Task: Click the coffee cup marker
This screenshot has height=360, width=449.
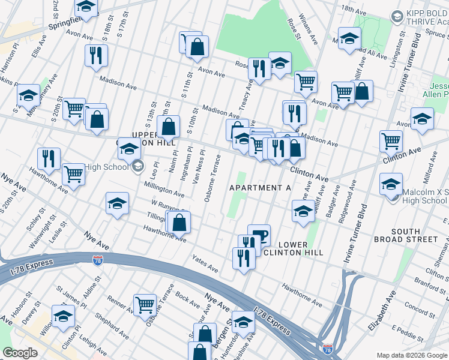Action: (259, 235)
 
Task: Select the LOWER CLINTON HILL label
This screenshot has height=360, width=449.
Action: (293, 248)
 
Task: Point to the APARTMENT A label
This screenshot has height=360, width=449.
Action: (261, 188)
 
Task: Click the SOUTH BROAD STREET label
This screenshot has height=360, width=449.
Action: (414, 235)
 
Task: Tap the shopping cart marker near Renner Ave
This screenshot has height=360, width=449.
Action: (145, 305)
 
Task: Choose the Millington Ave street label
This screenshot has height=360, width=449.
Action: (163, 191)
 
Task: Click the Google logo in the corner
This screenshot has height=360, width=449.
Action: (20, 352)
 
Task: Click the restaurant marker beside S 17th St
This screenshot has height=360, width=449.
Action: (96, 56)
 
